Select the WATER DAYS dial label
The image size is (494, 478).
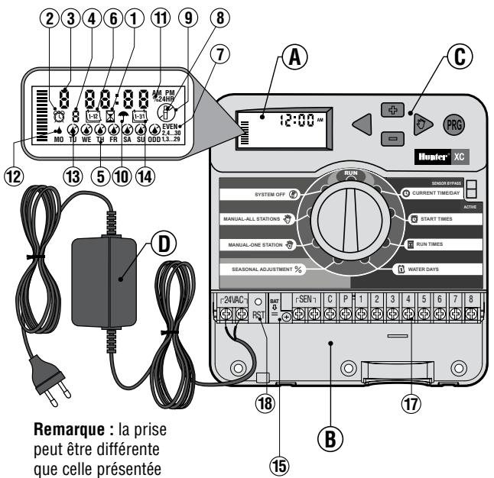pyautogui.click(x=431, y=270)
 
